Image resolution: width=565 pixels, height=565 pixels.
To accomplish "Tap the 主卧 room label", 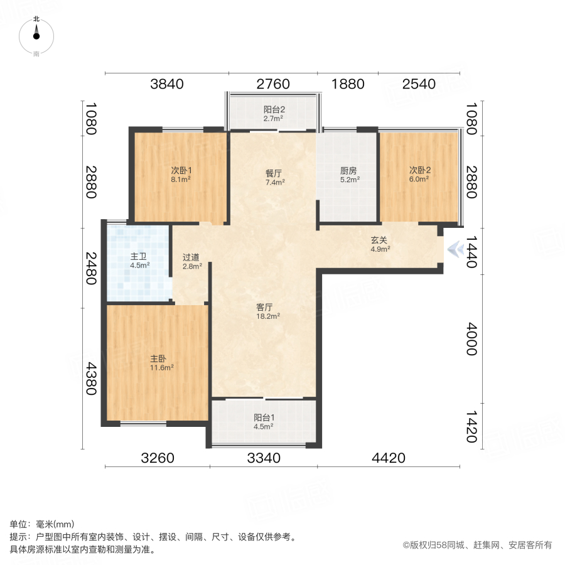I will tap(158, 358).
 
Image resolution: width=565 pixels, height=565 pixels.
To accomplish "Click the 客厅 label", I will tap(264, 308).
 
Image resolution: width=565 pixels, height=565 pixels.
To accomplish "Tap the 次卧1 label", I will tap(181, 170).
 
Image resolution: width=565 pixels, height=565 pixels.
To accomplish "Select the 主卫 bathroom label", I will tap(139, 256).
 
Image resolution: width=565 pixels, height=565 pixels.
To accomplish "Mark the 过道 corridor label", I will tap(191, 257).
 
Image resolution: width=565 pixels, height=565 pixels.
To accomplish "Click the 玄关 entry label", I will tap(379, 239).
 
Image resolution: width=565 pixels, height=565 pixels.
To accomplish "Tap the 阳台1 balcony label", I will tap(264, 417).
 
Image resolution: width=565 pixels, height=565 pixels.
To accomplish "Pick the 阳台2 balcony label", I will tap(274, 109).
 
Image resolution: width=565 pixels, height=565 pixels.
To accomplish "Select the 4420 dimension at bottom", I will tap(389, 458).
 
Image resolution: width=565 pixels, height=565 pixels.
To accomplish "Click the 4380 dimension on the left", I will tap(92, 379).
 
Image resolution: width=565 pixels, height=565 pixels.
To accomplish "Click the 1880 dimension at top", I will tap(347, 84).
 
